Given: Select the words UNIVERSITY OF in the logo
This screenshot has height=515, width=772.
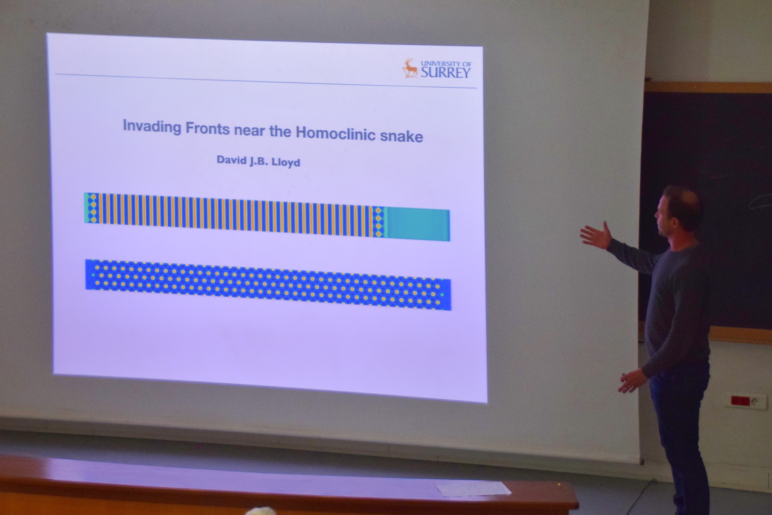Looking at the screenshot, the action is pyautogui.click(x=446, y=63).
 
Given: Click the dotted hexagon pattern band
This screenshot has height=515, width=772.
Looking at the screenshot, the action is pyautogui.click(x=268, y=284).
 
